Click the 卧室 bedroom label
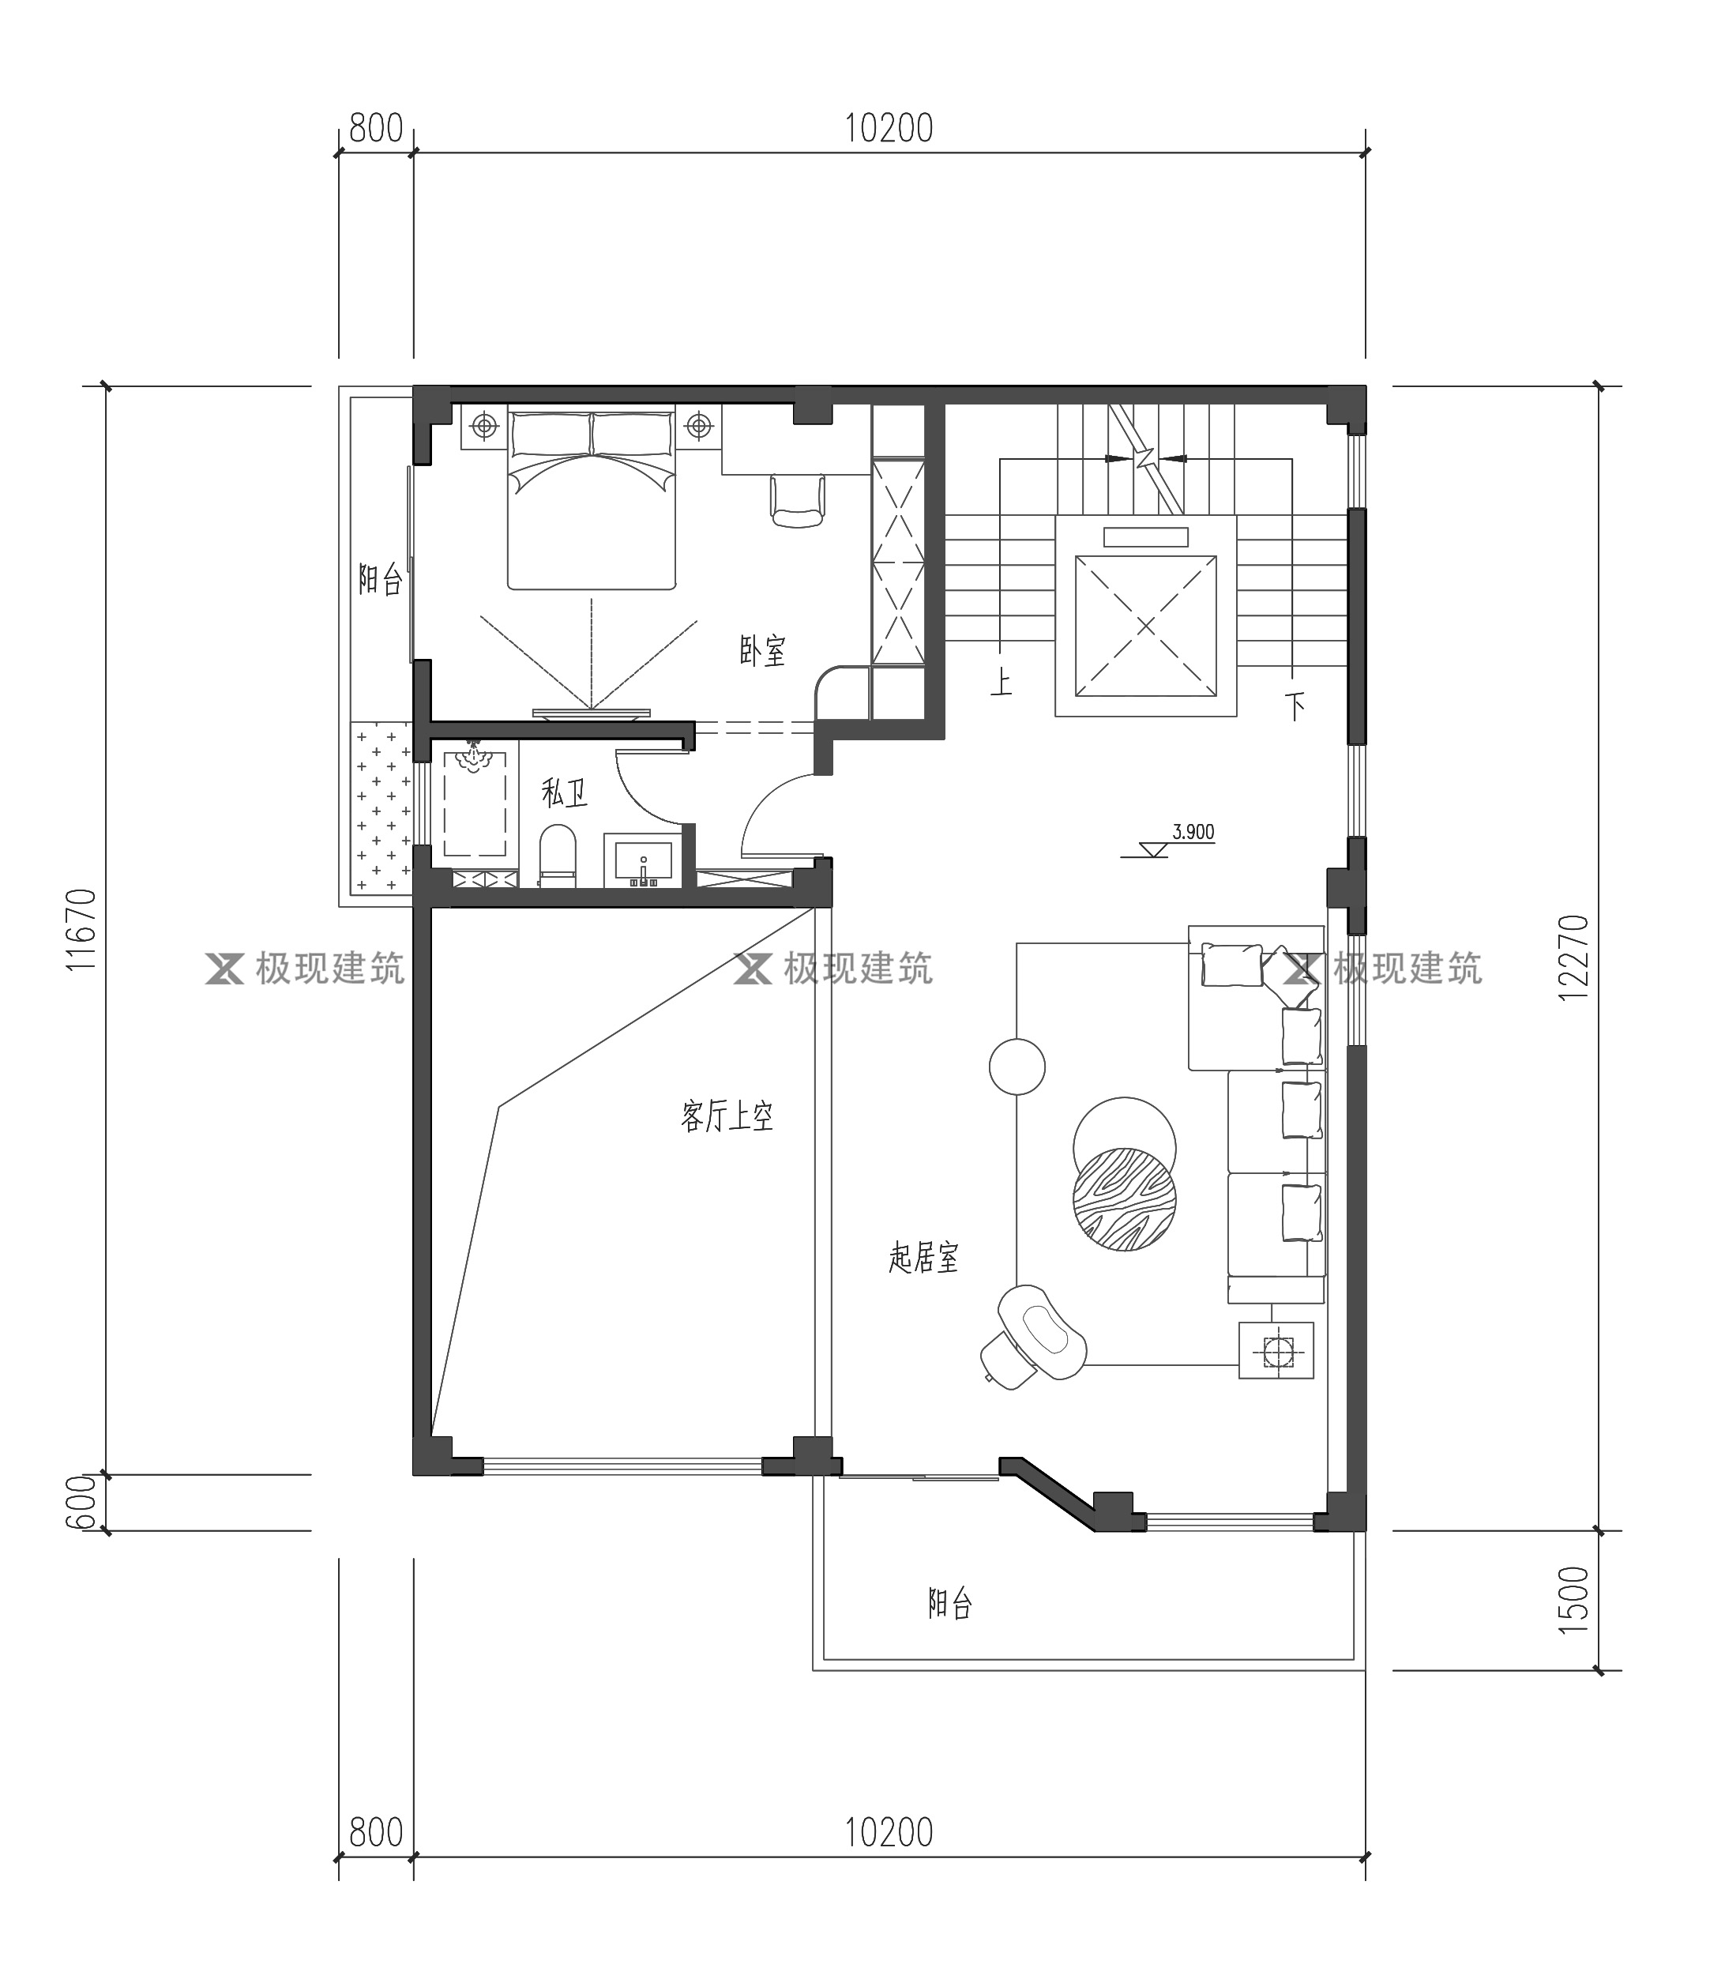pyautogui.click(x=761, y=651)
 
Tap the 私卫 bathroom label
pyautogui.click(x=564, y=792)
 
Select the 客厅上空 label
pyautogui.click(x=727, y=1116)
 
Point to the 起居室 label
pyautogui.click(x=923, y=1258)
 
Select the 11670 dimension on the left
pyautogui.click(x=82, y=930)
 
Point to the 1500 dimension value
pyautogui.click(x=1573, y=1600)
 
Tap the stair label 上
pyautogui.click(x=1001, y=683)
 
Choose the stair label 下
pyautogui.click(x=1295, y=707)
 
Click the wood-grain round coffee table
pyautogui.click(x=1125, y=1199)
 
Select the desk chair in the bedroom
pyautogui.click(x=797, y=501)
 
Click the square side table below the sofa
pyautogui.click(x=1276, y=1350)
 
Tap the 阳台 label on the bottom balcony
pyautogui.click(x=950, y=1603)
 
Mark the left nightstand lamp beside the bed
pyautogui.click(x=485, y=425)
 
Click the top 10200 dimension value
pyautogui.click(x=889, y=128)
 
